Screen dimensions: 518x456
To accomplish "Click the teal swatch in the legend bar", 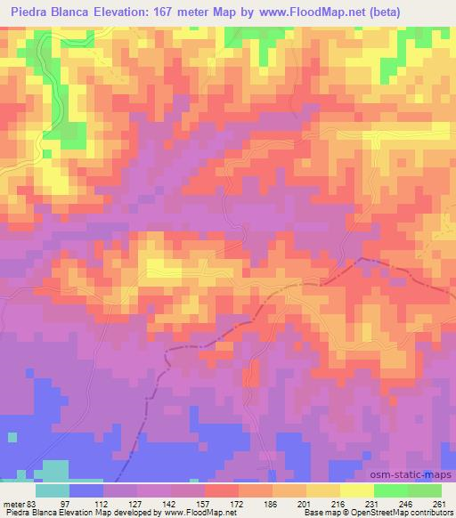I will coord(53,490).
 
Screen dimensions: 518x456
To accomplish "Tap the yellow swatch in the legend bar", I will coord(357,490).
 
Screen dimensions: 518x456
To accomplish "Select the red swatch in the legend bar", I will coord(222,490).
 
